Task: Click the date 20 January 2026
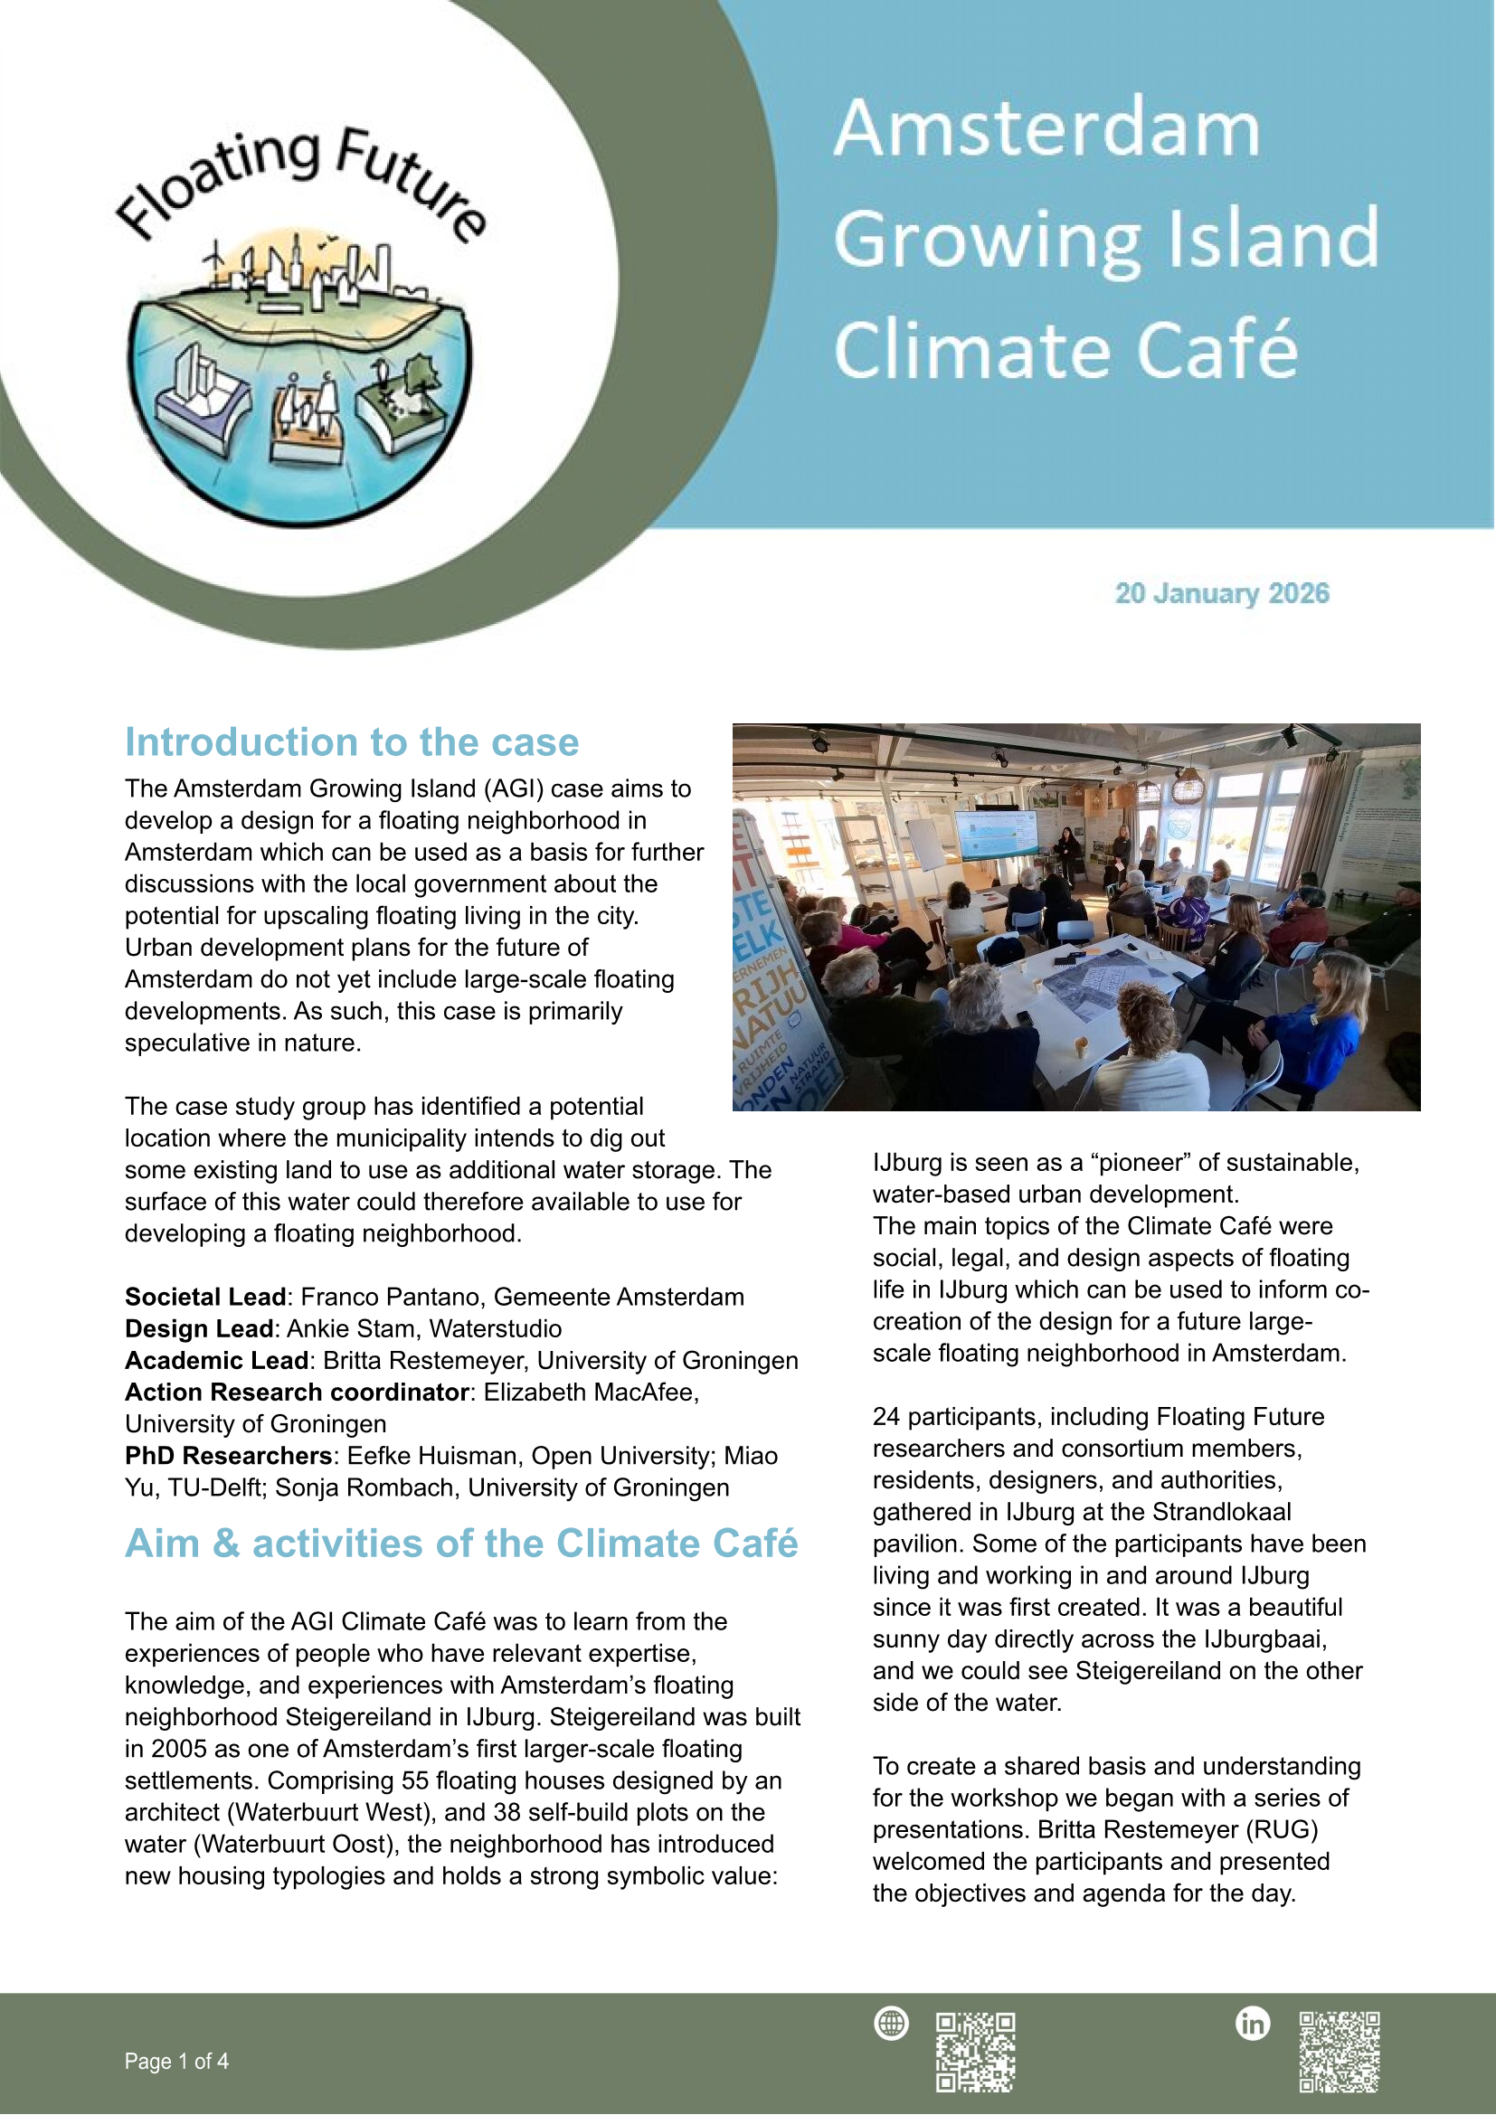[x=1221, y=593]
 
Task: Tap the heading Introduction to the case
[x=352, y=742]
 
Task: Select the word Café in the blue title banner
[x=1216, y=350]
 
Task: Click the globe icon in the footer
[x=891, y=2024]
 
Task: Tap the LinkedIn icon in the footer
[x=1252, y=2024]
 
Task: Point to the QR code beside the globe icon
[x=976, y=2052]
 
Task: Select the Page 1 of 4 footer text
[x=177, y=2062]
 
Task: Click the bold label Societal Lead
[x=205, y=1297]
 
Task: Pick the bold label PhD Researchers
[x=229, y=1457]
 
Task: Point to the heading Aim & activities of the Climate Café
[x=460, y=1544]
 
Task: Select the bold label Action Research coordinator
[x=298, y=1393]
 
